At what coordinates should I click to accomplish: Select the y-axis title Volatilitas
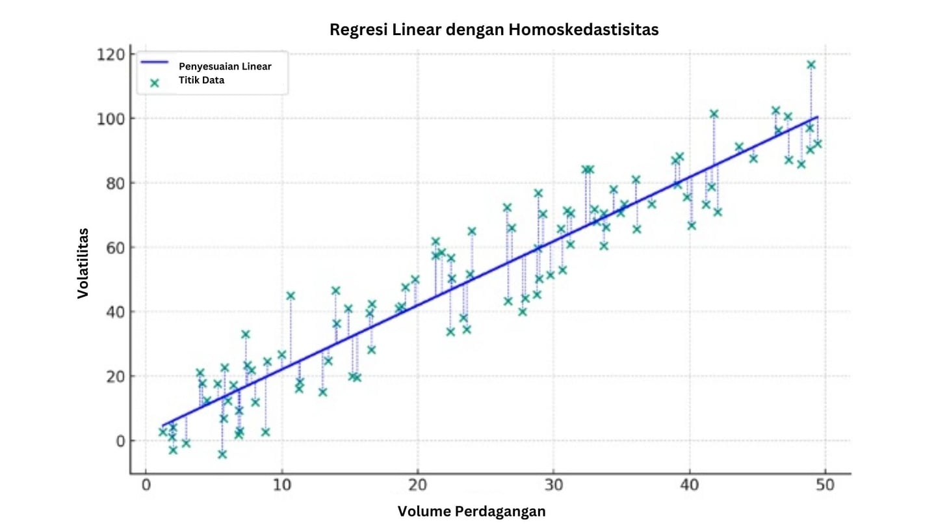click(x=83, y=263)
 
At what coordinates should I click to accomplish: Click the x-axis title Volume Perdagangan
click(x=471, y=511)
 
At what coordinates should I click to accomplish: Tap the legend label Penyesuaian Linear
click(x=225, y=66)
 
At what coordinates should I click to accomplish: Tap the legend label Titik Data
click(x=201, y=81)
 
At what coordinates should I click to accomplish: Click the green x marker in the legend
click(x=155, y=83)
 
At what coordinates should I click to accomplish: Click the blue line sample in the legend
click(x=155, y=62)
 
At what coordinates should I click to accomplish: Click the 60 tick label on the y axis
click(x=112, y=247)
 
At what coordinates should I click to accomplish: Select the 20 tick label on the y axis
click(x=112, y=376)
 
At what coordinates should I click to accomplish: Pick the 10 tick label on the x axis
click(x=281, y=485)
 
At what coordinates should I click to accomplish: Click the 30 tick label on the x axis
click(x=554, y=485)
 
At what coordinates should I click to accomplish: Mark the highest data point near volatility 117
click(x=811, y=64)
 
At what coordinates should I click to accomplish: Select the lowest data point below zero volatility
click(x=222, y=454)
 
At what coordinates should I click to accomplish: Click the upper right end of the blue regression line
click(x=817, y=117)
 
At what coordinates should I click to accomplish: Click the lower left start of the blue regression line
click(x=163, y=425)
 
